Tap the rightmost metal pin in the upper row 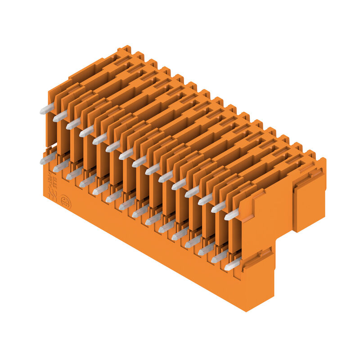(231, 215)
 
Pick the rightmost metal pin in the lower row (231, 265)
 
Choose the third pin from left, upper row (73, 124)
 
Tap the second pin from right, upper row (218, 207)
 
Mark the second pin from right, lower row (218, 257)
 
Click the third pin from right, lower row (205, 250)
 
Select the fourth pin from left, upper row (86, 132)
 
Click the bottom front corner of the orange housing (246, 310)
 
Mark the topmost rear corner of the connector (126, 47)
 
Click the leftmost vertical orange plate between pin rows (52, 128)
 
